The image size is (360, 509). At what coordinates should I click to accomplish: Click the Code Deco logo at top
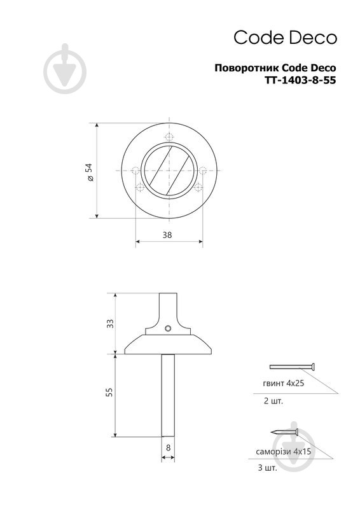coord(286,38)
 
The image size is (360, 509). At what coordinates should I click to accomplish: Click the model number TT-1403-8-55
coord(301,80)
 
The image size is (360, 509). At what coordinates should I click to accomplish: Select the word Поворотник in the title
coord(246,68)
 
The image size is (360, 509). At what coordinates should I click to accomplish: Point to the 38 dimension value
coord(167,235)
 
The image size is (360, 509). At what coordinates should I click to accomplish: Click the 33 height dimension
coord(111,323)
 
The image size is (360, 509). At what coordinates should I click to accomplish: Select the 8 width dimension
coord(168,448)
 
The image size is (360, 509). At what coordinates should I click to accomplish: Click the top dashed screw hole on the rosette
coord(169,136)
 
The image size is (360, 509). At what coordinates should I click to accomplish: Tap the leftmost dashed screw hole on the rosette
coord(135,171)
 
